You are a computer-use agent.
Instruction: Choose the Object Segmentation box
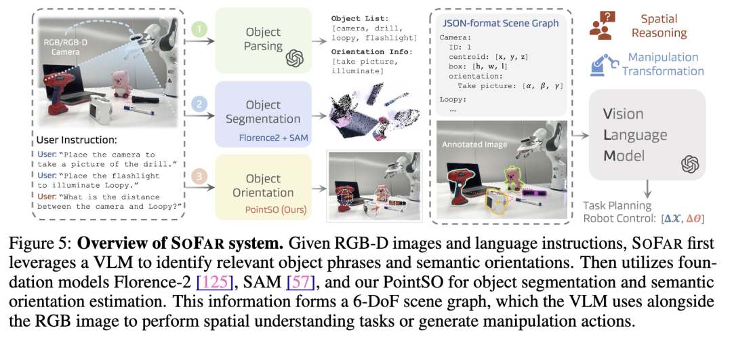(x=263, y=114)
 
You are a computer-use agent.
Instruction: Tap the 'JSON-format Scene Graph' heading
(x=500, y=23)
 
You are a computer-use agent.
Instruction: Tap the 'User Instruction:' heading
(x=78, y=141)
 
